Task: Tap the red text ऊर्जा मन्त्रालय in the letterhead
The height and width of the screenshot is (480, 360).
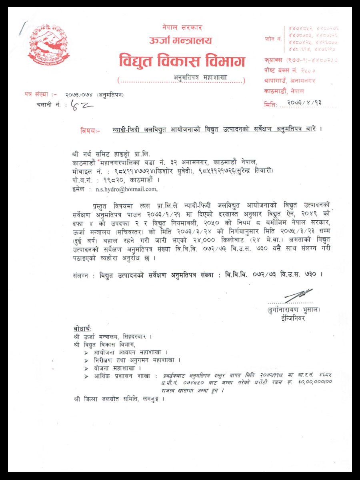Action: [x=180, y=40]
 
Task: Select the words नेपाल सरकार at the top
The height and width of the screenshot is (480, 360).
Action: [x=182, y=28]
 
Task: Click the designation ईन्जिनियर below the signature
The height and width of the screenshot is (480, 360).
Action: [x=293, y=319]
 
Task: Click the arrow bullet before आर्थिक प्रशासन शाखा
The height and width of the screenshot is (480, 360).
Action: [x=86, y=376]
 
